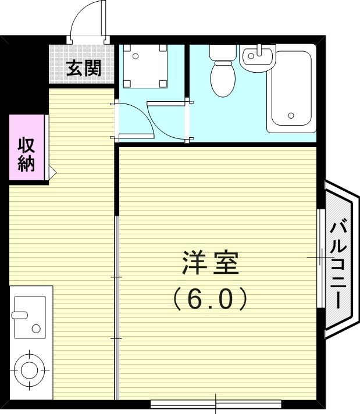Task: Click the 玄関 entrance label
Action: pos(84,68)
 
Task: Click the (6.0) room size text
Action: pos(211,299)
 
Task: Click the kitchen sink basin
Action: pos(29,317)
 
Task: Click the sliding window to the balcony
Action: pos(320,258)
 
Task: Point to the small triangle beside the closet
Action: pos(51,172)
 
